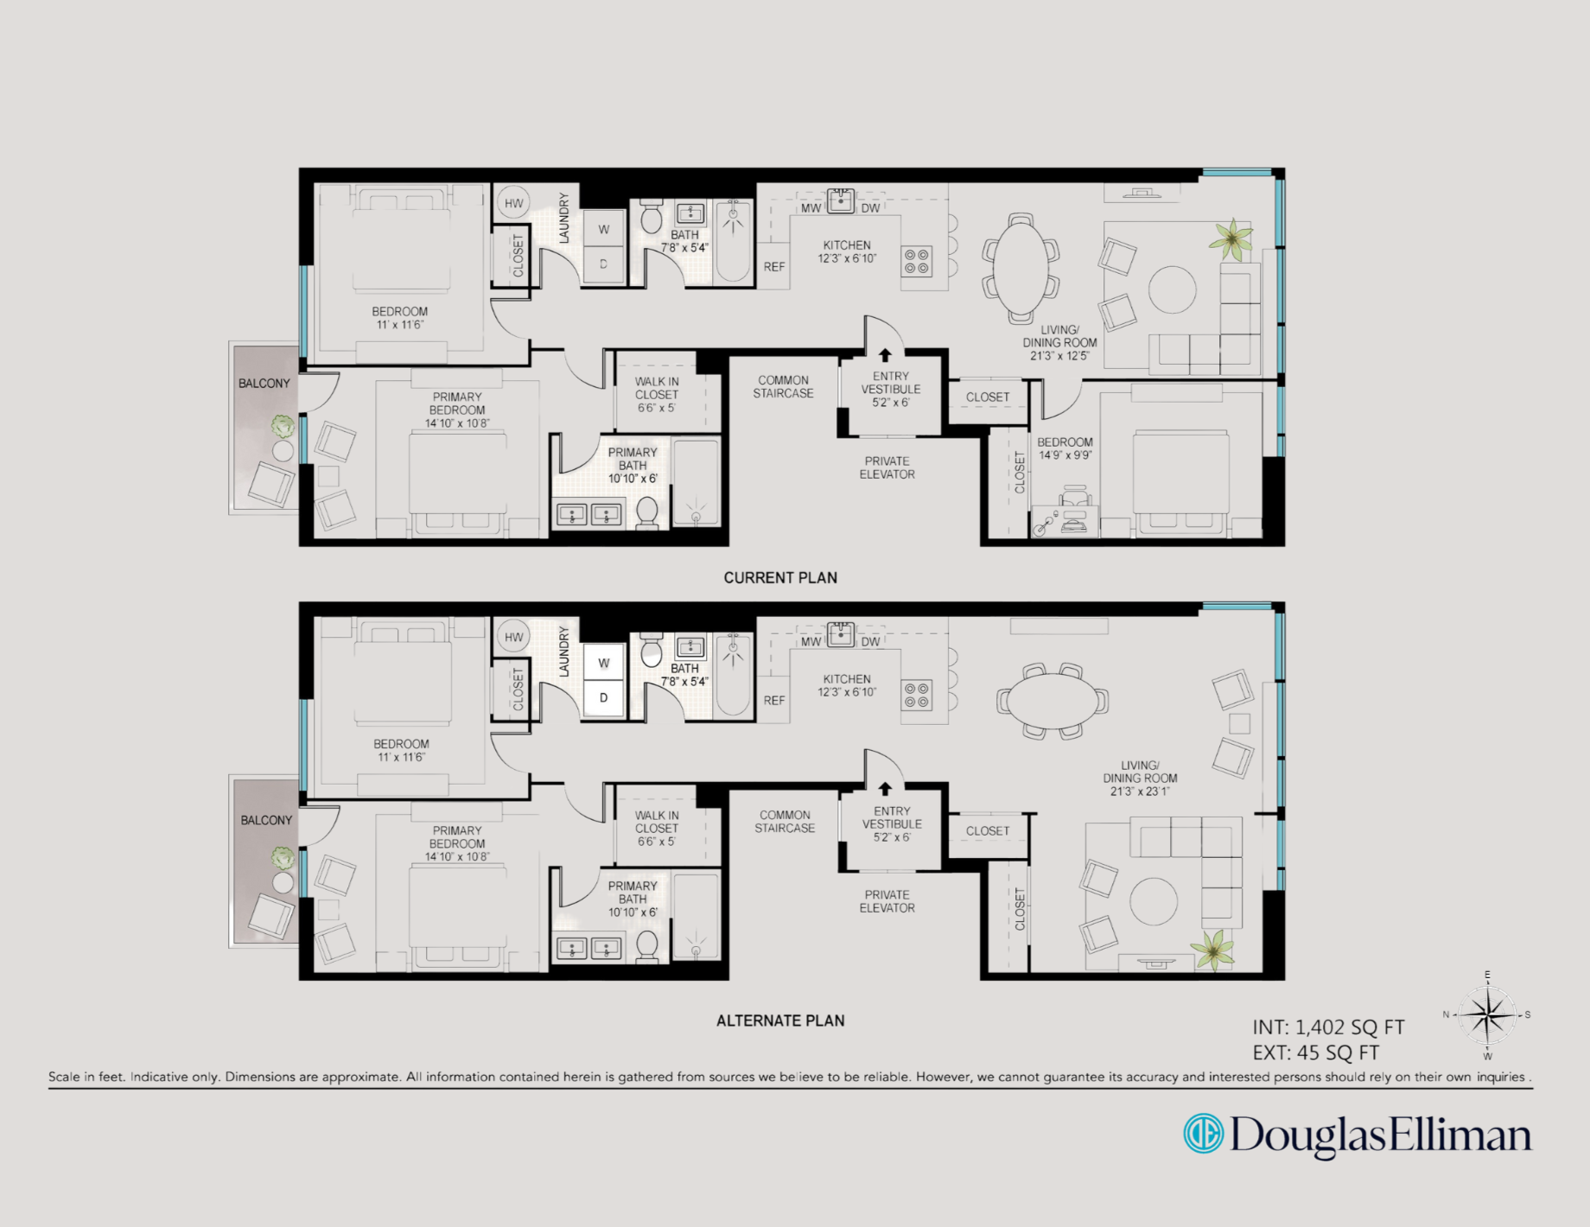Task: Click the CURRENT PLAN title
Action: click(x=780, y=577)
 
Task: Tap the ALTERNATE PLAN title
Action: click(x=780, y=1020)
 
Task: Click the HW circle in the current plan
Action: click(x=514, y=203)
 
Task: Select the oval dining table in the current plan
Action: click(x=1021, y=264)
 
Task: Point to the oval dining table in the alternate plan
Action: click(x=1052, y=700)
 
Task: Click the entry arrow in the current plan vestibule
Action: click(x=885, y=355)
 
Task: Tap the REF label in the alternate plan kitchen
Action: click(x=774, y=701)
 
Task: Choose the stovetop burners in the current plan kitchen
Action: click(x=917, y=261)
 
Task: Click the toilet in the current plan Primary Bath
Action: click(x=647, y=512)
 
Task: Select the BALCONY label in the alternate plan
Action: click(x=266, y=820)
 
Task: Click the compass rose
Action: click(x=1487, y=1015)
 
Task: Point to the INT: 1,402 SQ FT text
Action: click(x=1328, y=1027)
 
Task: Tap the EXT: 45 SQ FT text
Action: click(x=1316, y=1052)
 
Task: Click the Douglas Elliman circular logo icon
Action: click(x=1204, y=1134)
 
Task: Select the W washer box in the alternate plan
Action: click(x=604, y=663)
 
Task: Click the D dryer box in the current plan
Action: click(x=604, y=264)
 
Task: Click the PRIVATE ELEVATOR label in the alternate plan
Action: click(x=887, y=901)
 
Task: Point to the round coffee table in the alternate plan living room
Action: click(x=1154, y=901)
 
